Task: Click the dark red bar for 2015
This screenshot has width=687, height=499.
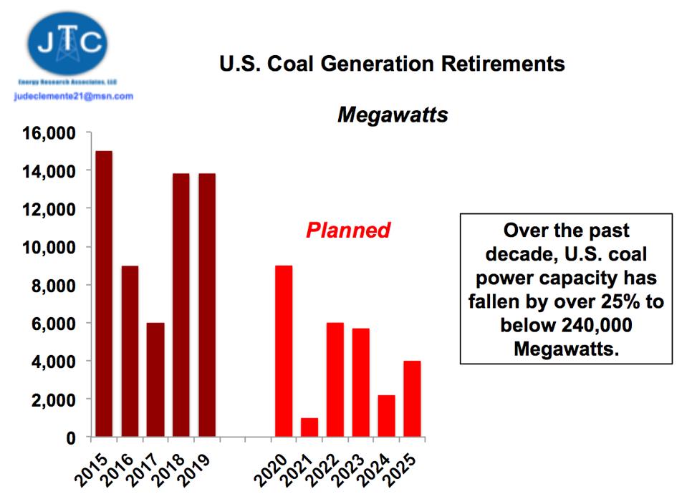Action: pyautogui.click(x=104, y=294)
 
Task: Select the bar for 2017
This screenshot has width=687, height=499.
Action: pyautogui.click(x=155, y=379)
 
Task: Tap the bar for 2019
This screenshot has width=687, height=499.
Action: pyautogui.click(x=207, y=305)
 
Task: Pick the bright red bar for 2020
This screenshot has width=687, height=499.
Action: pyautogui.click(x=284, y=351)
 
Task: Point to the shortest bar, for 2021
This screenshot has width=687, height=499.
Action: pyautogui.click(x=309, y=427)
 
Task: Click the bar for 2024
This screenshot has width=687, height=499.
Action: pyautogui.click(x=386, y=416)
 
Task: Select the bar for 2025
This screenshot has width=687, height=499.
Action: pyautogui.click(x=412, y=399)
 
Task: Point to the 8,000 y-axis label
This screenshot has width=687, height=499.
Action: pyautogui.click(x=54, y=286)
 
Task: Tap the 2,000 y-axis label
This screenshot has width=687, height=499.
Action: pyautogui.click(x=54, y=399)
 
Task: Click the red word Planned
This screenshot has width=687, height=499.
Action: pyautogui.click(x=348, y=231)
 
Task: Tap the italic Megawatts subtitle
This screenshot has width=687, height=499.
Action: pyautogui.click(x=393, y=115)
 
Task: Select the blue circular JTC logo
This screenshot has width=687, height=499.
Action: pyautogui.click(x=69, y=44)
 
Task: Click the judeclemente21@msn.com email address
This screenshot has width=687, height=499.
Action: pyautogui.click(x=74, y=96)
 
